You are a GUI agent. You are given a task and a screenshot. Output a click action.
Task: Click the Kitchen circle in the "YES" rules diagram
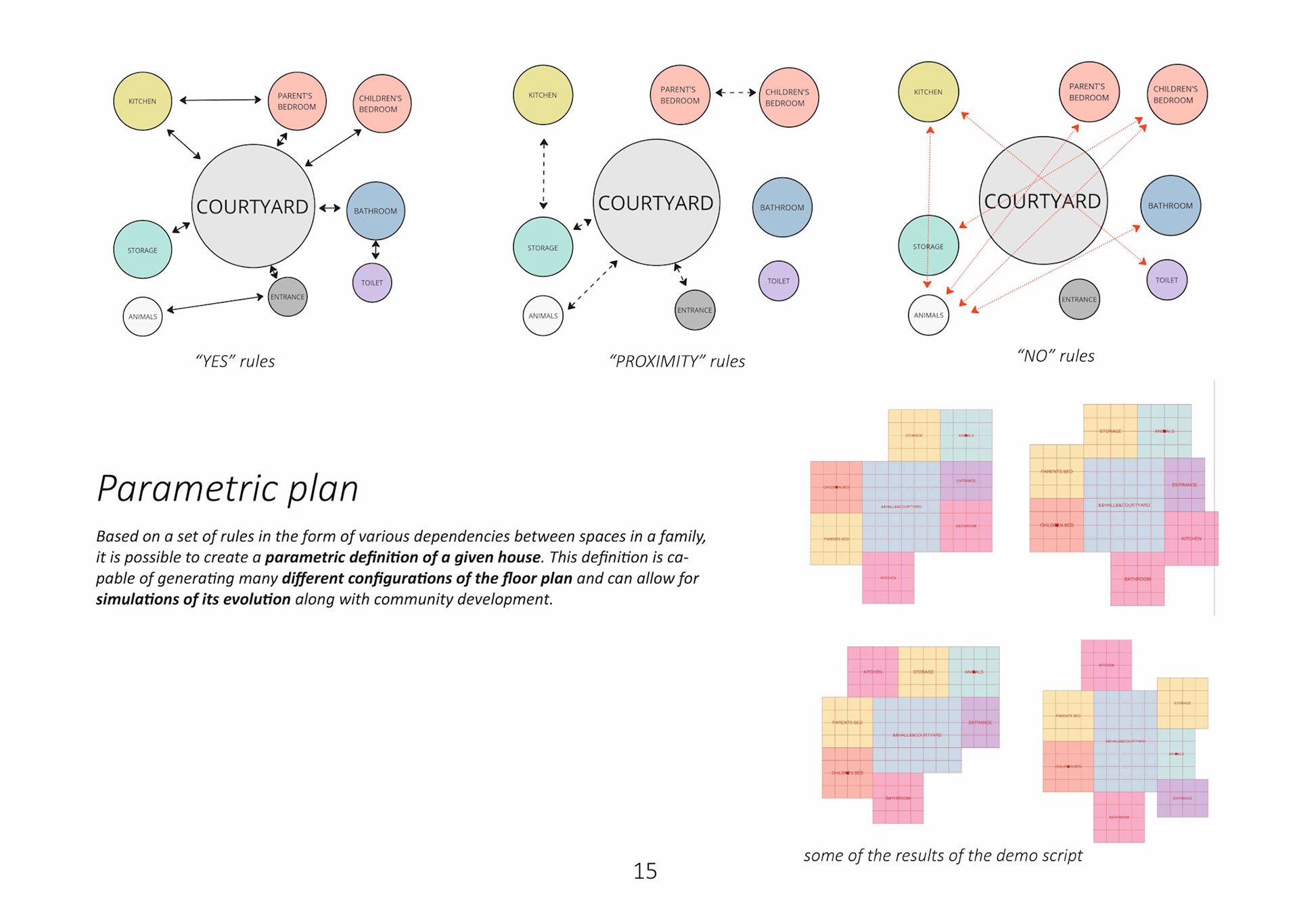(x=142, y=101)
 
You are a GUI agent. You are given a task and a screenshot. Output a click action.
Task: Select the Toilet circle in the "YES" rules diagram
(x=371, y=282)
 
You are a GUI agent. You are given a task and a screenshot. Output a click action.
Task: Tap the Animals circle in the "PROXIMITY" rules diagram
(x=543, y=315)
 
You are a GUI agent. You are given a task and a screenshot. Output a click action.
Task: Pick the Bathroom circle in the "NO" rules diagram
(x=1170, y=206)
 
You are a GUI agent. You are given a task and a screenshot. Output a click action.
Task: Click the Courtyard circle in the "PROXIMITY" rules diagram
(x=656, y=202)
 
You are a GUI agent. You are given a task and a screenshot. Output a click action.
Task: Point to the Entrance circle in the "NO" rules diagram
(x=1078, y=299)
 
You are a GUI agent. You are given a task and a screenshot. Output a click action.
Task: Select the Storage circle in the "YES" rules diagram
(x=142, y=250)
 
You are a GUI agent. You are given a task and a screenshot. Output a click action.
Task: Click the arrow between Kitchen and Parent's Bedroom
(x=220, y=100)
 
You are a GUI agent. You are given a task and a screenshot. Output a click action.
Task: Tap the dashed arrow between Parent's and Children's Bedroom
(x=735, y=93)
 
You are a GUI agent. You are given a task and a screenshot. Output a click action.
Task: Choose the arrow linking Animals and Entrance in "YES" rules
(x=215, y=303)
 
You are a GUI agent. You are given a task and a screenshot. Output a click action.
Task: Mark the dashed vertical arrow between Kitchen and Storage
(x=543, y=174)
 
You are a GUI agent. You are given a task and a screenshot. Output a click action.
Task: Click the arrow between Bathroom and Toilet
(x=375, y=250)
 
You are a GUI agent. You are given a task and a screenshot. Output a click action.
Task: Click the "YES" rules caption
(x=235, y=361)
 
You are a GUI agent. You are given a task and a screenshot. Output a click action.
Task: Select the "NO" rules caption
(x=1055, y=356)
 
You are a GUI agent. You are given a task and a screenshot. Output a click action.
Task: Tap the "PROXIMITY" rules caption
(x=677, y=361)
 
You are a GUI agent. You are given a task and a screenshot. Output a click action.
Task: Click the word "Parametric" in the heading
(x=188, y=488)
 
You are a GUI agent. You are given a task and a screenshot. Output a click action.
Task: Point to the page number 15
(x=645, y=871)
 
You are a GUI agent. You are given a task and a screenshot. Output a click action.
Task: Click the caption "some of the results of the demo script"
(x=942, y=855)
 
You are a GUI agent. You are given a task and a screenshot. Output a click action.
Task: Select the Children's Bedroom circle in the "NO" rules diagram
(x=1177, y=95)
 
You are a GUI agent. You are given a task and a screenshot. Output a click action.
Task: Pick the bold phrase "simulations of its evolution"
(x=193, y=599)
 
